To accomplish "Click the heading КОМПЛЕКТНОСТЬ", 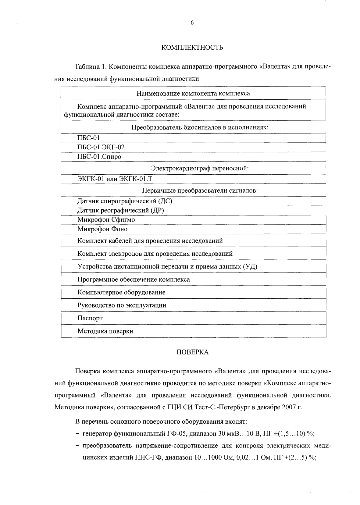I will (192, 48).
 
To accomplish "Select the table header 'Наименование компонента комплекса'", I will (193, 94).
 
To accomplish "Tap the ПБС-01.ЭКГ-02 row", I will (101, 148).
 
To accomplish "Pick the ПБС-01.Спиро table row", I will (99, 157).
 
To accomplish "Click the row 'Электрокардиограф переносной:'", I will (200, 168).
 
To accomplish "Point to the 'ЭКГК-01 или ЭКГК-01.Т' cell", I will (115, 179).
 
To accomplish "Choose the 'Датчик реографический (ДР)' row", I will (121, 210).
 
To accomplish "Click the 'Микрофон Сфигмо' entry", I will (106, 220).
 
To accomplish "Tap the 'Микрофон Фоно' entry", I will (102, 229).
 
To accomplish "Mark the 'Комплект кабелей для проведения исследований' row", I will (150, 241).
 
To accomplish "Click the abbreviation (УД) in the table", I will (250, 267).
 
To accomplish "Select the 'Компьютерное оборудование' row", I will (121, 293).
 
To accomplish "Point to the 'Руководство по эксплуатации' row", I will (122, 305).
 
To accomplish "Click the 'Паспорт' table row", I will (90, 318).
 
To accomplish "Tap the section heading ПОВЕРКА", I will (193, 353).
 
